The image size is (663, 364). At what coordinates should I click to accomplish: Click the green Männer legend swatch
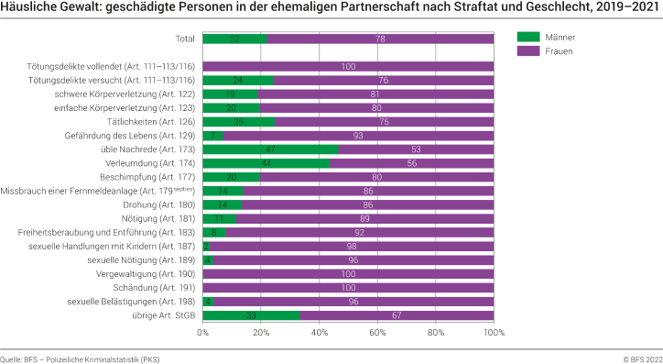click(x=529, y=38)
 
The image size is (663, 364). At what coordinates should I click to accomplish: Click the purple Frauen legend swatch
click(x=529, y=51)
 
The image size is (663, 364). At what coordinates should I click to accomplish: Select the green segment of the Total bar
click(x=234, y=39)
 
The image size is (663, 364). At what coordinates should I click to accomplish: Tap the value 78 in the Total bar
click(x=380, y=39)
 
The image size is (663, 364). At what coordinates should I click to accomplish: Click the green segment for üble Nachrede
click(x=270, y=149)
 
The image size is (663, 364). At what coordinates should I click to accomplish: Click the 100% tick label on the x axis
click(x=494, y=333)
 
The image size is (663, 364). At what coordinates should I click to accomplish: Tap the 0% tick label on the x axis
click(x=203, y=333)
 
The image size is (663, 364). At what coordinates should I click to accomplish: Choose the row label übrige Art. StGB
click(x=163, y=314)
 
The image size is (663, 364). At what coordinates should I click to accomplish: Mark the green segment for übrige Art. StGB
click(x=251, y=314)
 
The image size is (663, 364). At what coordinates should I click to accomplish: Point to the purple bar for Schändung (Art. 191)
click(x=348, y=287)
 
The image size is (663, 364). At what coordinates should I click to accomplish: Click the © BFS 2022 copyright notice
click(x=641, y=357)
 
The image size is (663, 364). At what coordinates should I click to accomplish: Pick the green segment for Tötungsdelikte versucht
click(x=237, y=80)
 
